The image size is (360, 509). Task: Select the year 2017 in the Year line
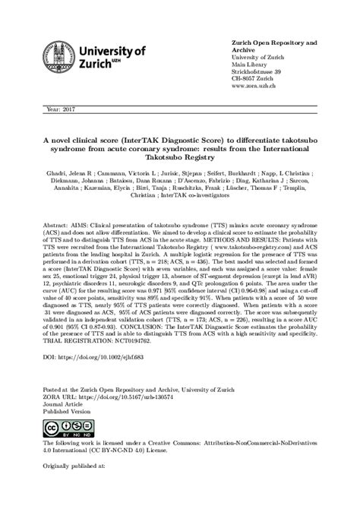click(67, 109)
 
